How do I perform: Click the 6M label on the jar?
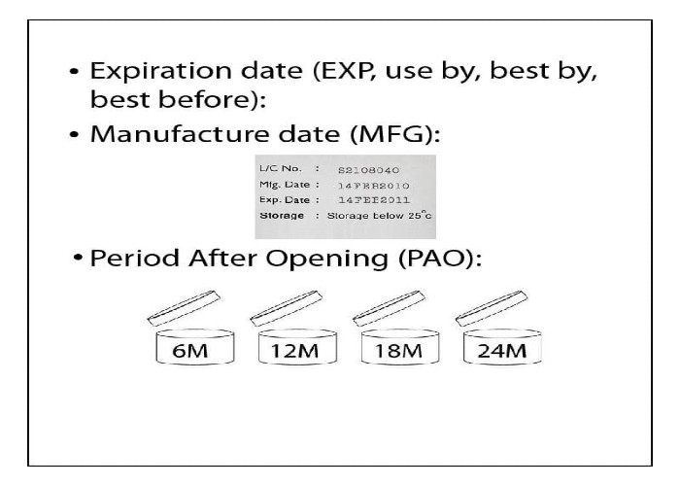click(x=190, y=351)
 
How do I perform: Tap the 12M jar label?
click(x=295, y=351)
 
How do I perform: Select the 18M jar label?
click(x=398, y=351)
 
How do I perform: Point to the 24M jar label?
click(x=502, y=351)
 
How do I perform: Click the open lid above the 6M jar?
click(x=184, y=308)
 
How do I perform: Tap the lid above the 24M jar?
click(x=492, y=308)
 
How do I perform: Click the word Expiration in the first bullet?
click(x=160, y=71)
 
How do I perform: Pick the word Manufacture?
click(x=215, y=133)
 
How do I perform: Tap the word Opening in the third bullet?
click(x=327, y=260)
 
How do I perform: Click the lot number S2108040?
click(x=368, y=170)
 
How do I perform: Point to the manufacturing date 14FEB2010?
click(x=373, y=186)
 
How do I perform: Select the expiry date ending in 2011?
click(x=374, y=200)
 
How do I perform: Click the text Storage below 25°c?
click(x=380, y=215)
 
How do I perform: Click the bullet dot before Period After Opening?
click(x=78, y=258)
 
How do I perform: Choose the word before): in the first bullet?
click(x=205, y=99)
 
